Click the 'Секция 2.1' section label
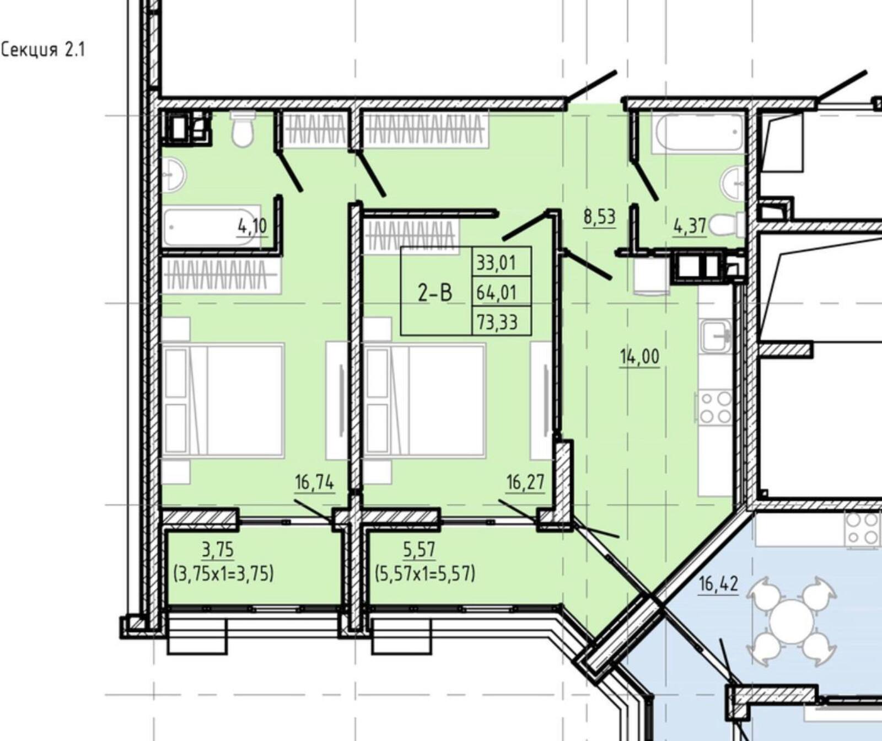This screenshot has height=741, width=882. (x=43, y=50)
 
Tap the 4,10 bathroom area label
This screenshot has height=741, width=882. (x=252, y=226)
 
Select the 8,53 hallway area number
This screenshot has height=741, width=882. (x=599, y=217)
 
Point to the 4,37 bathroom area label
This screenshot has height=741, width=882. (x=690, y=226)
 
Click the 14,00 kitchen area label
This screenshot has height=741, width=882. (x=639, y=357)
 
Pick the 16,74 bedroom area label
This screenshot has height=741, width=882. (x=314, y=482)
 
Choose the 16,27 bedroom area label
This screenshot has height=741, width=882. (x=525, y=482)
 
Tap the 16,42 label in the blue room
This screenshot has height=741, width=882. (x=718, y=583)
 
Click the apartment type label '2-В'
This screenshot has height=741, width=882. (x=435, y=292)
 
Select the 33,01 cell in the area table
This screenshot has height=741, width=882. (x=497, y=262)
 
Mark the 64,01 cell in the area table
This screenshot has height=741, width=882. (x=497, y=292)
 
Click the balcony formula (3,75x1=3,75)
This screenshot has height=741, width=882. (x=223, y=574)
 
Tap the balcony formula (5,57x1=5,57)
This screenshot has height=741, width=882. (x=425, y=574)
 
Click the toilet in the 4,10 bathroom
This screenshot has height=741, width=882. (x=243, y=129)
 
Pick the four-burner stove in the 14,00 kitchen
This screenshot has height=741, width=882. (x=716, y=407)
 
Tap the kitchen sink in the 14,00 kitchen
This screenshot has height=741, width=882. (x=716, y=336)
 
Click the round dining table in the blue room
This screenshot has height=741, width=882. (x=792, y=621)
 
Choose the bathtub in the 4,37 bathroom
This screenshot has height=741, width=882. (x=698, y=132)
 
